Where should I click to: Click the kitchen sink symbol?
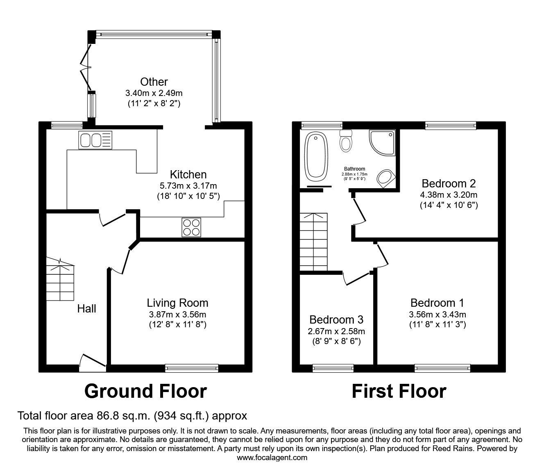coord(95,140)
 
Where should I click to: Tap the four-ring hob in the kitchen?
coord(191,227)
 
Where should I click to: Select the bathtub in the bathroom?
coord(316,156)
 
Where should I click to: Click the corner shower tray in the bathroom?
coord(383,143)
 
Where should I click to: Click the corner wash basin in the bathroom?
coord(385,178)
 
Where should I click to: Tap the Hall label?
coord(87,308)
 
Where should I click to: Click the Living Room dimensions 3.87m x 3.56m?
coord(177,315)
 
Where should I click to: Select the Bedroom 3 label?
coord(336,319)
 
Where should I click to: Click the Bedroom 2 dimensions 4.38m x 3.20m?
coord(449,195)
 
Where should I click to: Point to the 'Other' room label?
coord(154,82)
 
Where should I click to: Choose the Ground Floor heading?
coord(145,391)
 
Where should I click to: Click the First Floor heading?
coord(399,391)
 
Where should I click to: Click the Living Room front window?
coord(192,368)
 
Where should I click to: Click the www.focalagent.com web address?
coord(272,458)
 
